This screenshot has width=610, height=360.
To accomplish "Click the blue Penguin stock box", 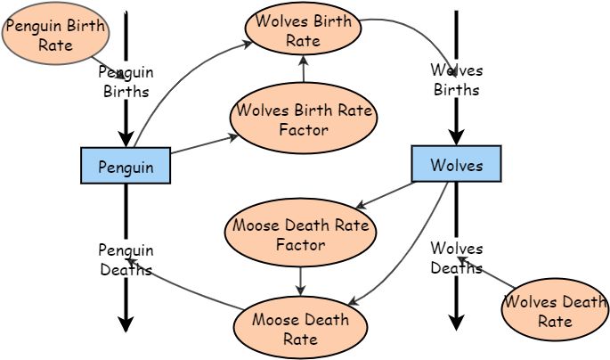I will pos(126,166).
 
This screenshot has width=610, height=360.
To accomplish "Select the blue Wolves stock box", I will pos(456,164).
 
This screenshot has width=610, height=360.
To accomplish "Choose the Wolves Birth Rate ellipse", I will pos(303,29).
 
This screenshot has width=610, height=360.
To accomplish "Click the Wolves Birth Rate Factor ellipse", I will pos(304,118).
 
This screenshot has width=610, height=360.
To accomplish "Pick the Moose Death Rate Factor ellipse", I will pos(300,233).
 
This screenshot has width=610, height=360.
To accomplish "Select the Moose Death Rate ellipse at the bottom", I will pos(300,327).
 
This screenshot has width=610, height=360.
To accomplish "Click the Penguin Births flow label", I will pos(126,81).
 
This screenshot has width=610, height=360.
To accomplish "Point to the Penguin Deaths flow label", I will pos(126,259).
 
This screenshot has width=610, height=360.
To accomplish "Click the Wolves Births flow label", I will pos(456,79).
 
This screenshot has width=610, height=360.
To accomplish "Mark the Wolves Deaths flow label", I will pos(456,258).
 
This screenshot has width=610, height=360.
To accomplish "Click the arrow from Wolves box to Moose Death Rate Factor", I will pos(386,196).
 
